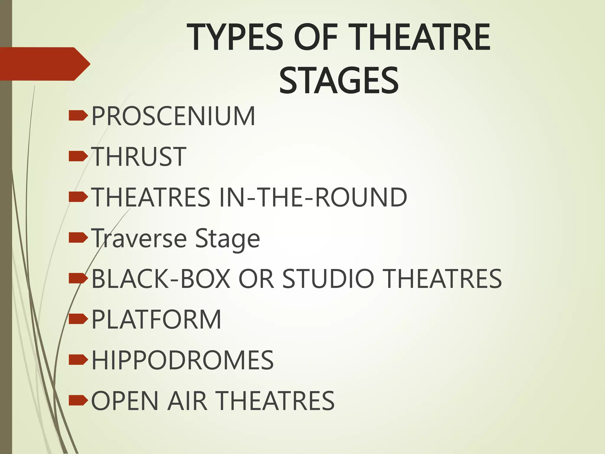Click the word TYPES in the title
coord(235,38)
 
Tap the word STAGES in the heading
coord(339,80)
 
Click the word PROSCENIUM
coord(173,116)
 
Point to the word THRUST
coord(139,157)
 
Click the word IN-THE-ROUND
coord(313,197)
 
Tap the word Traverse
coord(139,238)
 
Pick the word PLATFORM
coord(156,320)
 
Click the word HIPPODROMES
coord(183,360)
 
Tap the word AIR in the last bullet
coord(187,401)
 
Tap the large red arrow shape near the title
coord(44,64)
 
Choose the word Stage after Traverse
coord(227,238)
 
